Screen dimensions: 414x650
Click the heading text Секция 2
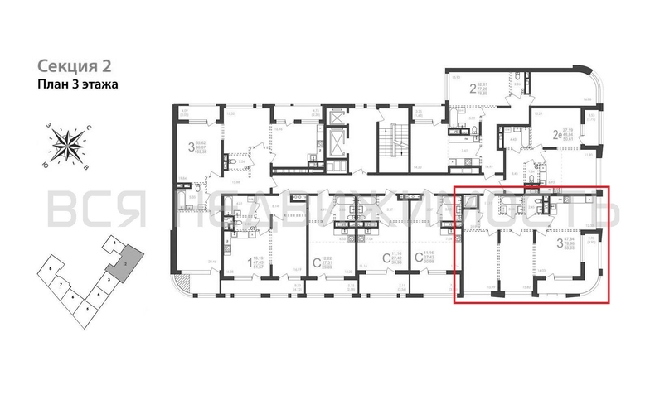[74, 65]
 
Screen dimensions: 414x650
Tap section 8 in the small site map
[52, 270]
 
